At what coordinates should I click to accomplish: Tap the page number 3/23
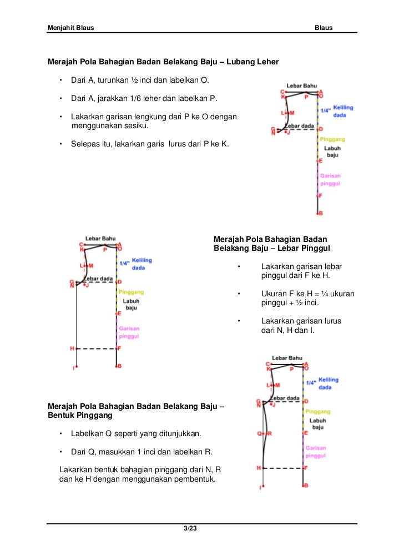190,528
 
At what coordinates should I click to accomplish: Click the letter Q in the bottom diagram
259,433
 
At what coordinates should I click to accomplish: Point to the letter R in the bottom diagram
269,433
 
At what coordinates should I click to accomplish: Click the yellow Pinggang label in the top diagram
332,139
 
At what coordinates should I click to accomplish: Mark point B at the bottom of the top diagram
320,213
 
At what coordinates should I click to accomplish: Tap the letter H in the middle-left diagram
72,348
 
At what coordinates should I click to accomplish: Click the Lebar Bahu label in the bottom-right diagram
287,358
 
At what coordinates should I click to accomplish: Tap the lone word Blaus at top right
324,27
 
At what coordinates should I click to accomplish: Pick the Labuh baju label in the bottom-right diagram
317,424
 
